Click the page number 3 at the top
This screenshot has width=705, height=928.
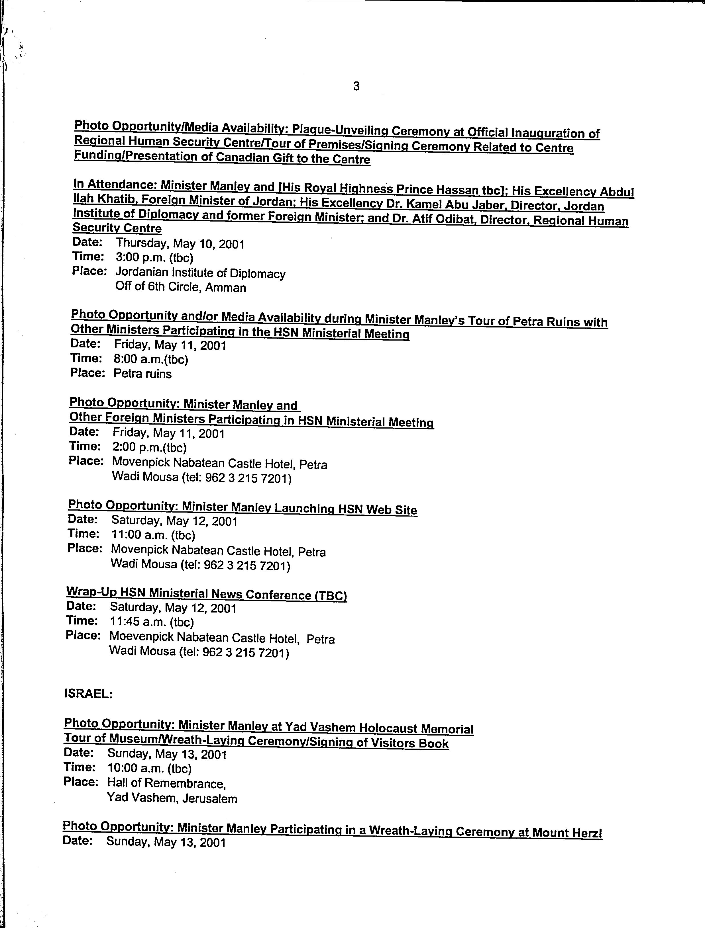(356, 87)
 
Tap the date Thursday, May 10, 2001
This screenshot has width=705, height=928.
(180, 243)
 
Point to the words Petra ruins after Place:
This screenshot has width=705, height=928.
(143, 374)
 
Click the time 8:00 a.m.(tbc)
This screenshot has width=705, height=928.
(151, 359)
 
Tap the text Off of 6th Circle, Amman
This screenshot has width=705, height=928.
(181, 287)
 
